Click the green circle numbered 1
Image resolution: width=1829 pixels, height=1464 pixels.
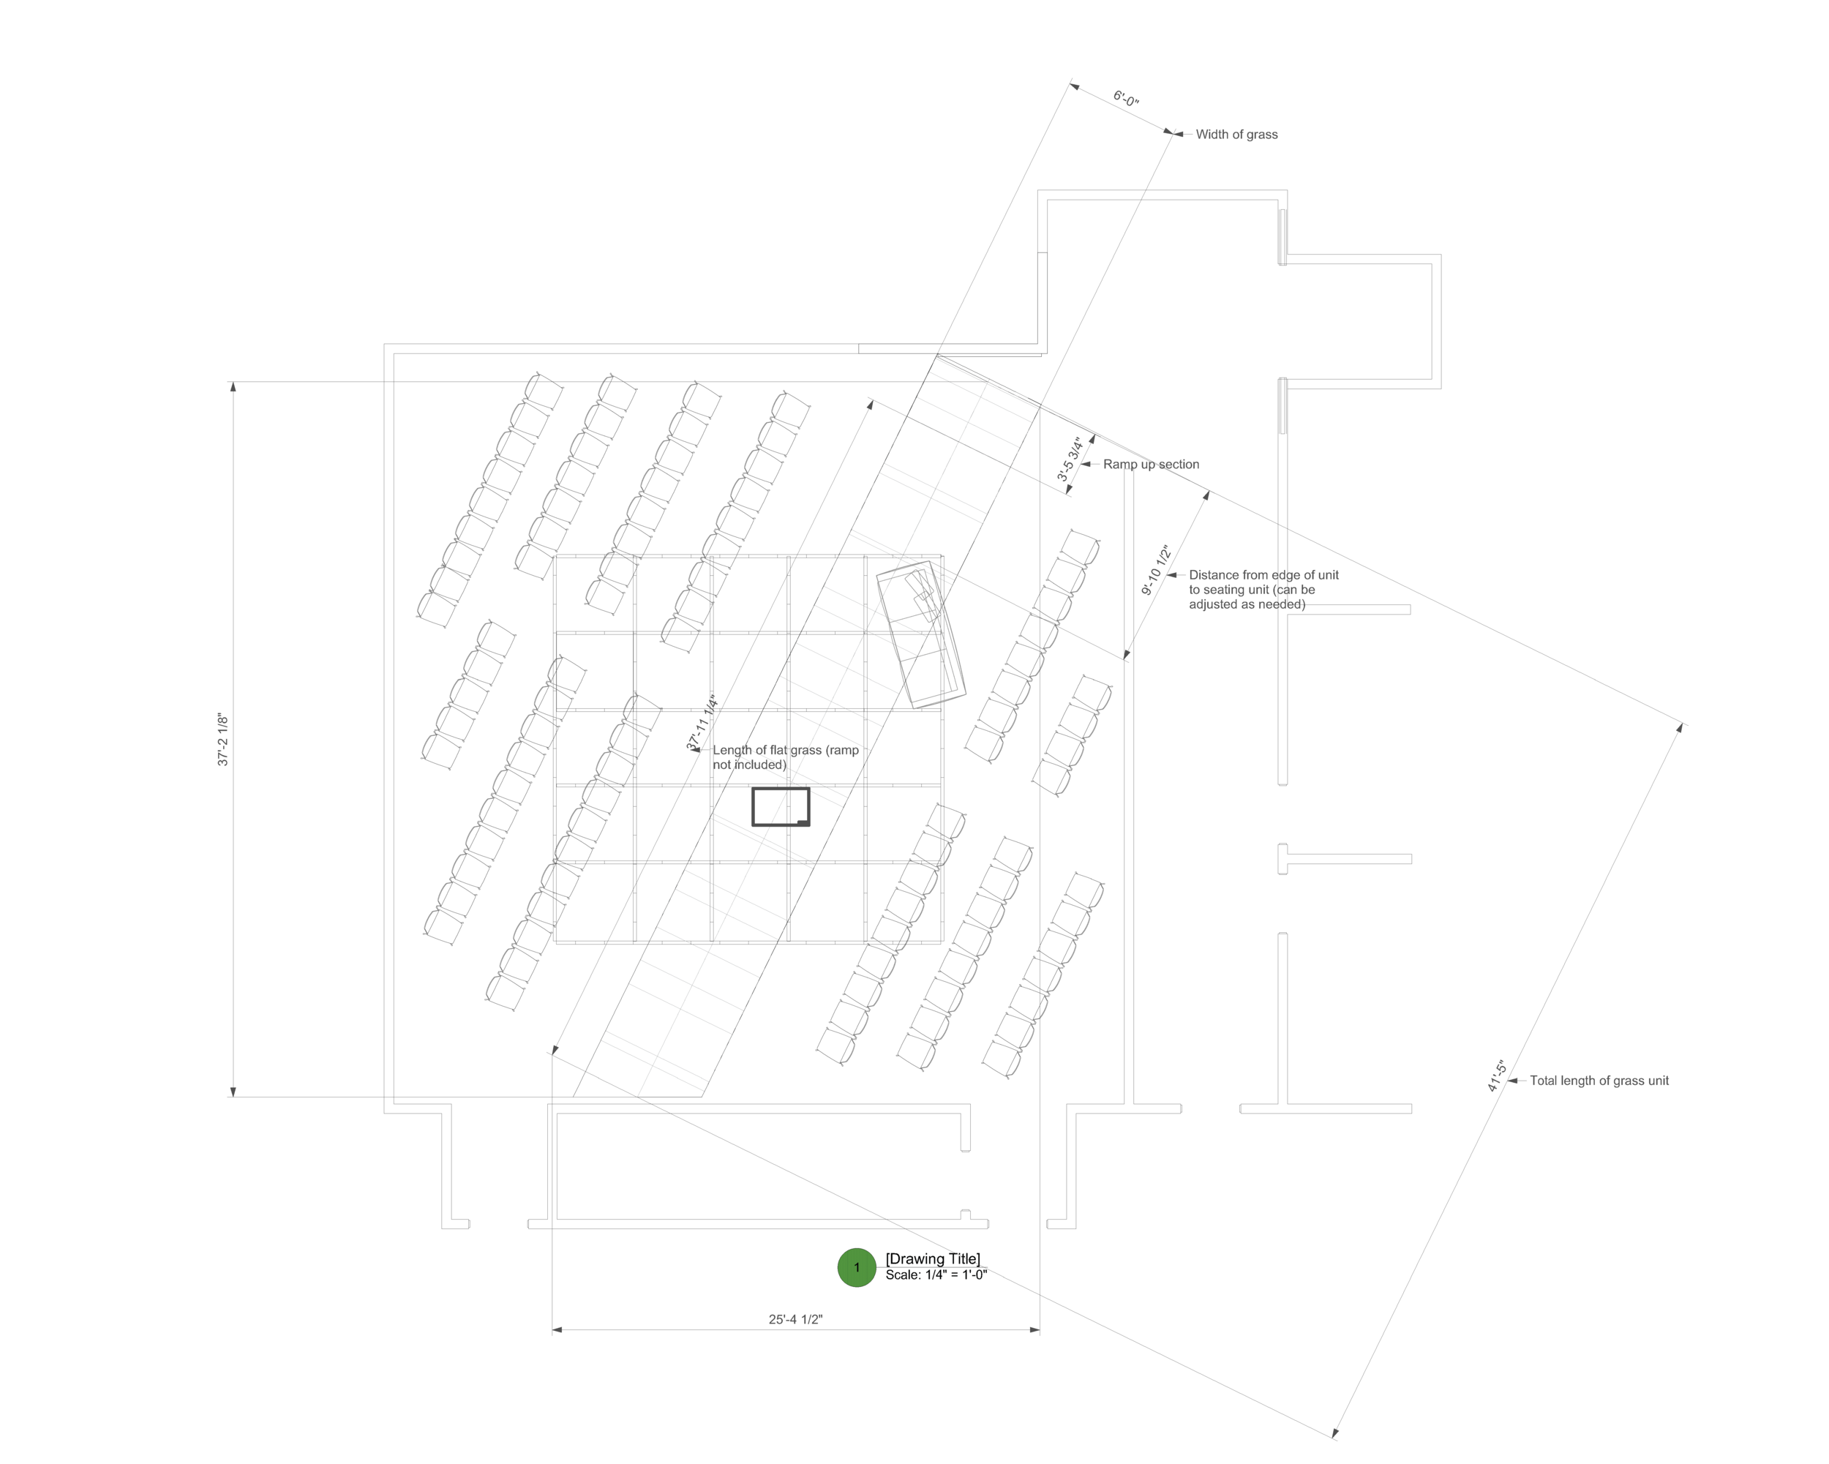point(856,1267)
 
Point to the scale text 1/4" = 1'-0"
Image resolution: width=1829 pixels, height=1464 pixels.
point(936,1275)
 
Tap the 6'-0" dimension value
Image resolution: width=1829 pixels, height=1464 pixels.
point(1126,100)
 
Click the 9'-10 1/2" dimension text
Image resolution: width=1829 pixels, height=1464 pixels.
point(1155,570)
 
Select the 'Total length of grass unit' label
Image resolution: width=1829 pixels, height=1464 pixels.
point(1599,1081)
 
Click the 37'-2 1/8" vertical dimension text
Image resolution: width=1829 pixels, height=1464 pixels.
point(223,740)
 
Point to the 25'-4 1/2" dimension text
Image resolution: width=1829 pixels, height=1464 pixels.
point(795,1319)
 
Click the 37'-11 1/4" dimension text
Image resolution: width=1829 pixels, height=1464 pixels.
point(702,722)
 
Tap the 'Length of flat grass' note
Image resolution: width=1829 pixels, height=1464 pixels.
point(785,757)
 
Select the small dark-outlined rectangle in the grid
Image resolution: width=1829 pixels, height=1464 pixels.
point(781,807)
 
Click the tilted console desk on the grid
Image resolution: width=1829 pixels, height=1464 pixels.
point(921,633)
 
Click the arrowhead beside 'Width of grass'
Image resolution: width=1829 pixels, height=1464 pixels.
point(1179,134)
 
